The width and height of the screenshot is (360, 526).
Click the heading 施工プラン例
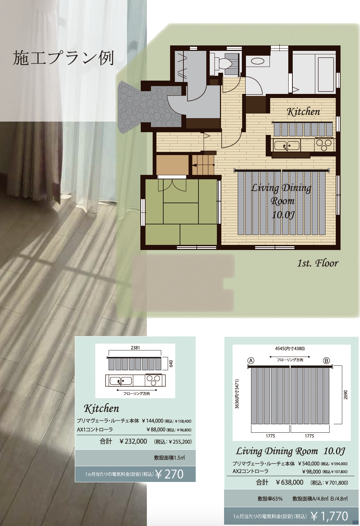click(x=64, y=58)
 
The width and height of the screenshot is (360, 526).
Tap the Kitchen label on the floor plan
click(x=303, y=112)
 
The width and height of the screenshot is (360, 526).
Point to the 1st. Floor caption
click(x=318, y=263)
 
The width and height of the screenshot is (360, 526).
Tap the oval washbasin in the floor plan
click(x=258, y=61)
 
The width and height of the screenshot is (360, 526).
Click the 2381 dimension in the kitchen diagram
click(x=135, y=348)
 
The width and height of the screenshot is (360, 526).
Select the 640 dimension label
click(x=171, y=363)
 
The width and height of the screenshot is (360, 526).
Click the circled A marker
click(x=251, y=360)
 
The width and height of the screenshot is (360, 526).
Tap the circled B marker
click(x=327, y=360)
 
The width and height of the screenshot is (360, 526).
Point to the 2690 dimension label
click(x=345, y=395)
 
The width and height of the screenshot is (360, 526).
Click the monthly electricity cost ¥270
click(x=169, y=474)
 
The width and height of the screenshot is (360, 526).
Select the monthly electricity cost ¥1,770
click(x=330, y=516)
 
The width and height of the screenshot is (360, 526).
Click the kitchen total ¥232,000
click(x=133, y=441)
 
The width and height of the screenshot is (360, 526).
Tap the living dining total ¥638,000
click(x=290, y=482)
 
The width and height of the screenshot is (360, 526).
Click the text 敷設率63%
click(x=270, y=499)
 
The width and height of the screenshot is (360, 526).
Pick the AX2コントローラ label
click(x=251, y=471)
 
